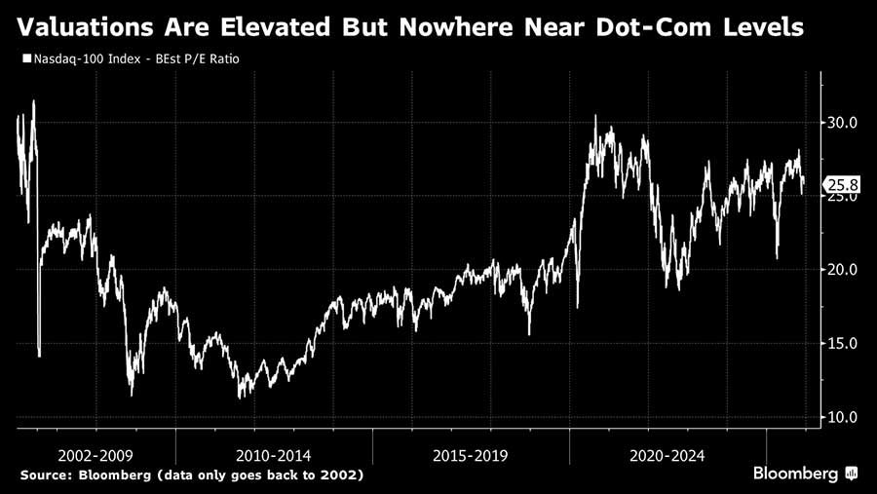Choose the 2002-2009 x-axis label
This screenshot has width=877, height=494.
tap(95, 455)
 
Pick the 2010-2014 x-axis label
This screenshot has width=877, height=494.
tap(274, 455)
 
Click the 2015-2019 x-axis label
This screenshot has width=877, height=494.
tap(471, 455)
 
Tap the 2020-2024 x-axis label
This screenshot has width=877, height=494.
tap(667, 455)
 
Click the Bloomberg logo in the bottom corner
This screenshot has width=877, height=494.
tap(803, 474)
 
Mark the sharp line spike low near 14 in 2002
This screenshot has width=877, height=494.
tap(39, 355)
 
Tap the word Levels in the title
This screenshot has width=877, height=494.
tap(757, 27)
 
